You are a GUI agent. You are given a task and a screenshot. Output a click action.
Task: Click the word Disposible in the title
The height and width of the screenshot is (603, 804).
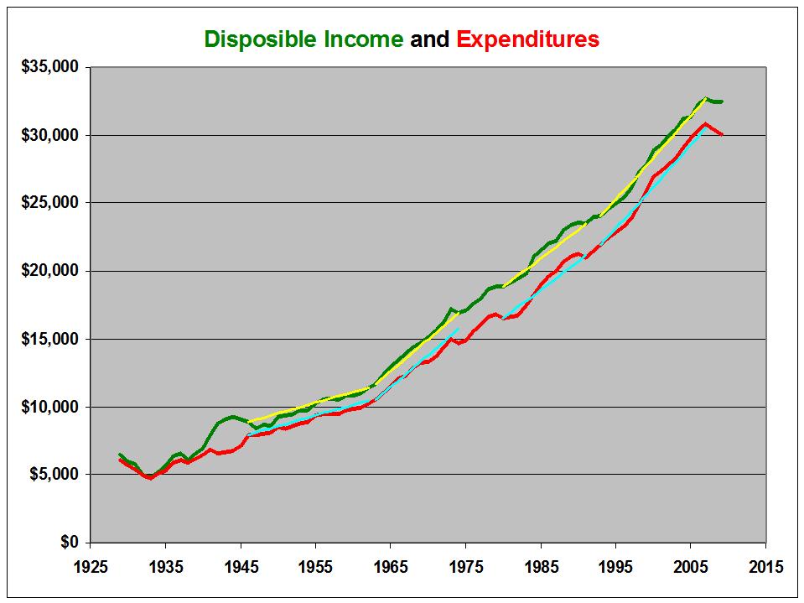(x=263, y=39)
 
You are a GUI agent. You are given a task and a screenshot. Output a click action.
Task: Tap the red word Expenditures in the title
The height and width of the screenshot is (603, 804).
(x=528, y=39)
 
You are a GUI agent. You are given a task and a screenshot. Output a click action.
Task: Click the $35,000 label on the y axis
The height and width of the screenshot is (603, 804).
(x=49, y=67)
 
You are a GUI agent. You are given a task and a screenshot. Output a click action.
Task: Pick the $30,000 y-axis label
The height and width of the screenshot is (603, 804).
(x=49, y=135)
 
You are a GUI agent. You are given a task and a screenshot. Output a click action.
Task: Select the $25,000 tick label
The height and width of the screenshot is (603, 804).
(x=49, y=203)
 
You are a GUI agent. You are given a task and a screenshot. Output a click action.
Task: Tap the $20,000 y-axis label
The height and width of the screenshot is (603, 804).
(x=49, y=271)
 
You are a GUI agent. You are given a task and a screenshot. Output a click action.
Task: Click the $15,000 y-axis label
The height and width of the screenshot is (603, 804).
(x=49, y=339)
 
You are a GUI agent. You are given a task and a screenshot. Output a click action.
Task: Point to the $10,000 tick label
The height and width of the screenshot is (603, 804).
(x=49, y=407)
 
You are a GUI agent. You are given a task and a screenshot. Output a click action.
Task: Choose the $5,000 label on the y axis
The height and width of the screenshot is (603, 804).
(x=54, y=475)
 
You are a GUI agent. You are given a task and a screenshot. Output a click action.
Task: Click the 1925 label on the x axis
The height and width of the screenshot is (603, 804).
(x=90, y=567)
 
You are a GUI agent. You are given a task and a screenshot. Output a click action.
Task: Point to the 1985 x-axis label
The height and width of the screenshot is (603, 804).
(x=541, y=567)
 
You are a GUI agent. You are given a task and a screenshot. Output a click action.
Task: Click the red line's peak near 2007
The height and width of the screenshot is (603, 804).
(x=706, y=124)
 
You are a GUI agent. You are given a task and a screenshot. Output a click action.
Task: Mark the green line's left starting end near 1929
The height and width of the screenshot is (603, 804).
(x=120, y=455)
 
